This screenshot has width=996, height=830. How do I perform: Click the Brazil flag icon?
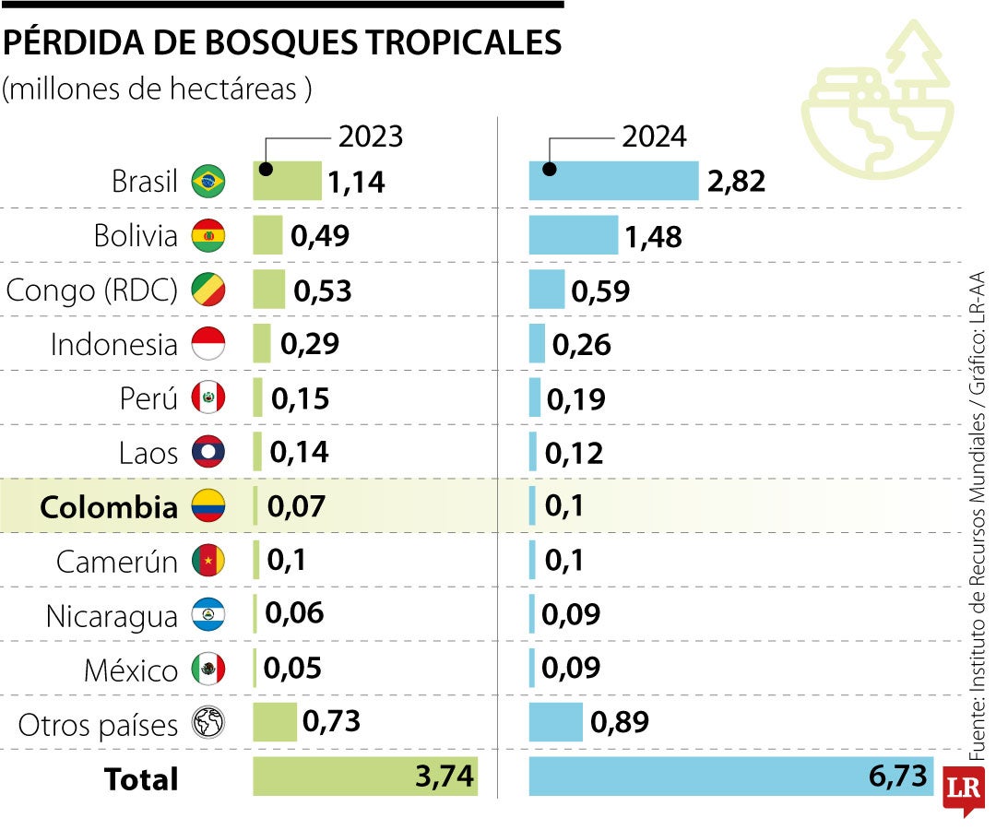click(207, 182)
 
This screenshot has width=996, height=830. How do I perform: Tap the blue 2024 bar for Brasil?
click(613, 181)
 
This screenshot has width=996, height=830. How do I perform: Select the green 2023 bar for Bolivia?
click(267, 235)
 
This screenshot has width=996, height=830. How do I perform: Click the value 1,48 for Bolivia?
click(653, 236)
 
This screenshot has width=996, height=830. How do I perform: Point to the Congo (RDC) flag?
click(207, 290)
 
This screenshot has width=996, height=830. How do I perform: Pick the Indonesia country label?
click(113, 344)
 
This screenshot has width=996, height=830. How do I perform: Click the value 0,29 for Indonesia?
click(310, 344)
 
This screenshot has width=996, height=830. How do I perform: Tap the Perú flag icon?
click(207, 398)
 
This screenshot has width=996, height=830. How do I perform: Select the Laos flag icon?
click(207, 452)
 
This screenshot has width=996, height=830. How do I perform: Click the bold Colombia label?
click(109, 506)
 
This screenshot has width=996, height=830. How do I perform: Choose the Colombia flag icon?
click(207, 506)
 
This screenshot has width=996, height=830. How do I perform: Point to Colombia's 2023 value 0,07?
click(296, 506)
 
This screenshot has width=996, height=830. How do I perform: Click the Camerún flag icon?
click(207, 561)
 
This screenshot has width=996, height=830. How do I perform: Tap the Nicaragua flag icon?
click(207, 615)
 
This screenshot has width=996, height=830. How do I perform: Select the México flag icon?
click(207, 669)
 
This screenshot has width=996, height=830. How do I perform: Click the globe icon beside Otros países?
click(207, 723)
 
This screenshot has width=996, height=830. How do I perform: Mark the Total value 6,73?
click(897, 776)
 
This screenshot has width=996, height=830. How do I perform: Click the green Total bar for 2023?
click(365, 777)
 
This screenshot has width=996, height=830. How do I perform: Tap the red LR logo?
click(965, 791)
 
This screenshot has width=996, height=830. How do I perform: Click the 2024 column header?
click(654, 136)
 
